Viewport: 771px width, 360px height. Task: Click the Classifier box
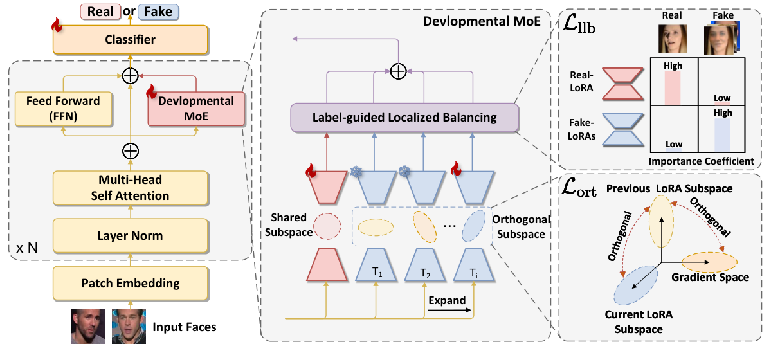click(x=131, y=40)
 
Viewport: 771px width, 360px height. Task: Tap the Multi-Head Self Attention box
click(x=131, y=188)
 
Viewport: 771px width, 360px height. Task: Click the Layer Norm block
click(x=131, y=235)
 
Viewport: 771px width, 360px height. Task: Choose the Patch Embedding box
click(x=131, y=283)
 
